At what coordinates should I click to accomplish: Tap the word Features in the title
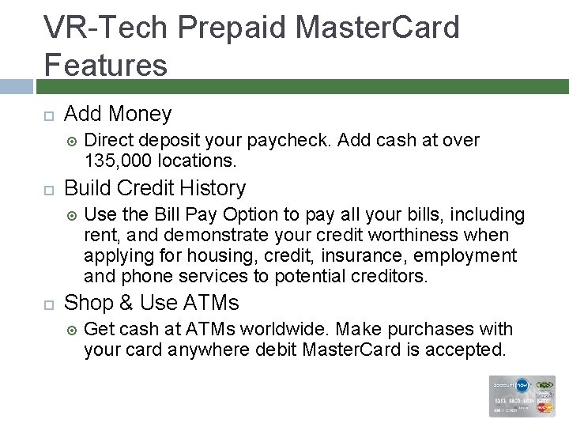coord(106,65)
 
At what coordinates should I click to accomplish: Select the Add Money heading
coord(118,114)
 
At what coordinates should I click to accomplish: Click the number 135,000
coord(119,161)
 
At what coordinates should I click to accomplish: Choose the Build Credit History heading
coord(155,188)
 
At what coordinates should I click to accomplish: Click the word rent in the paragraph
coord(100,236)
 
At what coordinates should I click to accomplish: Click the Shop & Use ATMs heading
coord(152,303)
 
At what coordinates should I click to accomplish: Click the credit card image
coord(522,395)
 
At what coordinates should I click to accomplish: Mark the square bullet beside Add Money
coord(48,115)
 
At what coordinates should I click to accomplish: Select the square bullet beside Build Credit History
coord(48,190)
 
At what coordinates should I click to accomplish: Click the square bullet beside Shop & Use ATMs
coord(48,304)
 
